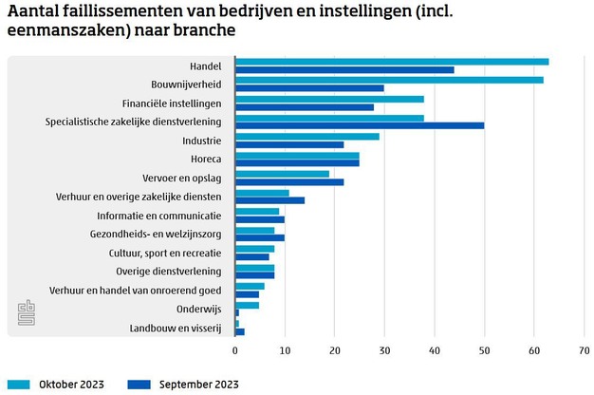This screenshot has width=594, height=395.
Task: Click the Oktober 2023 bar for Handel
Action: (x=392, y=62)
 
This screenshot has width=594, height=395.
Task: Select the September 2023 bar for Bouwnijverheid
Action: (x=309, y=88)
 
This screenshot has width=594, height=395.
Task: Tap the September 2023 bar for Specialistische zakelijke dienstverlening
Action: (x=360, y=125)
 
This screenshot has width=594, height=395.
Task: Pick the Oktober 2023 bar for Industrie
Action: (x=307, y=137)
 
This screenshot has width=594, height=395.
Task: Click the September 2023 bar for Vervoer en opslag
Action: (x=289, y=181)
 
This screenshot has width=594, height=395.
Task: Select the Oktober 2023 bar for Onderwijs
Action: (x=247, y=305)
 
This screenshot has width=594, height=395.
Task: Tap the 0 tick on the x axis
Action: (x=235, y=350)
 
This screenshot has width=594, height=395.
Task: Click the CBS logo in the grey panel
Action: (x=25, y=312)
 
